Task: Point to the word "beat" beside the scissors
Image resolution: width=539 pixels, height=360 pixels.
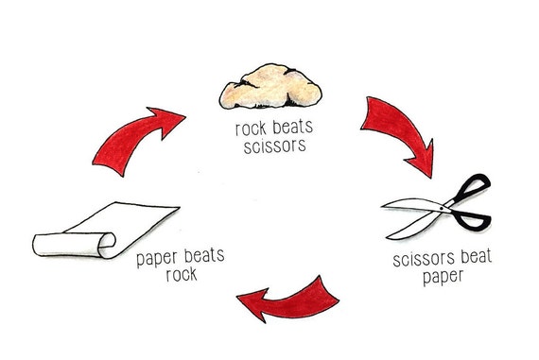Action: pyautogui.click(x=470, y=255)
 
